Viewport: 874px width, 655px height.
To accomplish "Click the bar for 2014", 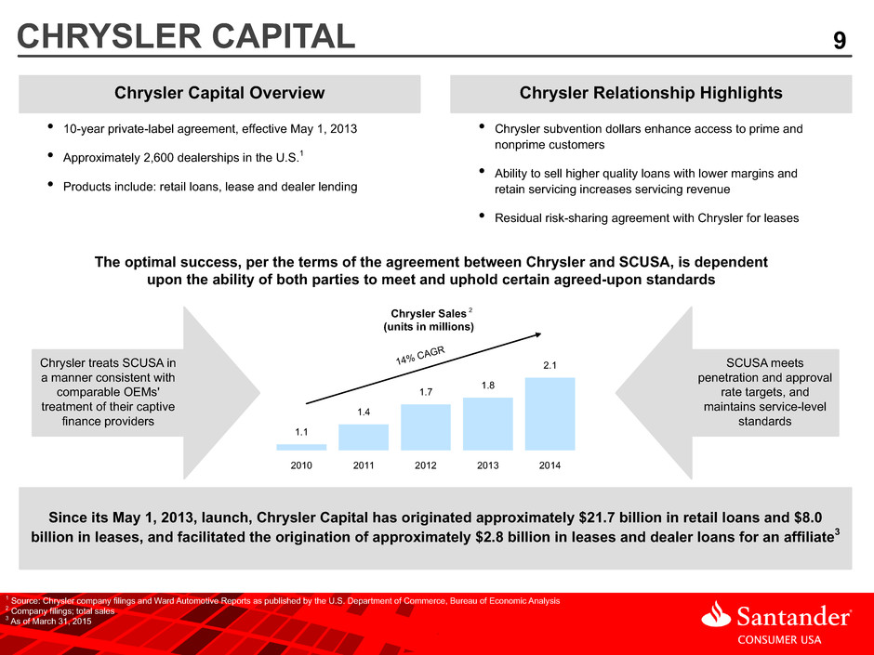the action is coord(550,413).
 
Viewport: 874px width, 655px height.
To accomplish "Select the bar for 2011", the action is coord(364,438).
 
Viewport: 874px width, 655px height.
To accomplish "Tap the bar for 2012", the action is coord(426,427).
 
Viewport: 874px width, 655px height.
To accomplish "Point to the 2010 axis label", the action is coord(301,465).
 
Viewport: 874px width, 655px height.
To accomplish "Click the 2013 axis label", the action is coord(488,465).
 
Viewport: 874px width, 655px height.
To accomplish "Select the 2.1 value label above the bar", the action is coord(550,365).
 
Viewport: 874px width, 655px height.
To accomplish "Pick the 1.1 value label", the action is coord(301,432).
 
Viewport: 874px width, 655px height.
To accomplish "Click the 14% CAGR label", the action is coord(420,355).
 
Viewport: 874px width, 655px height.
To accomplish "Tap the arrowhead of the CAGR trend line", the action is coord(538,334).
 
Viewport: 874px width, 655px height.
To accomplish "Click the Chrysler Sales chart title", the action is coord(429,320).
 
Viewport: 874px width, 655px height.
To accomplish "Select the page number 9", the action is coord(840,41).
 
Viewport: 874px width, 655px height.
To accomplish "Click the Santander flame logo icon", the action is coord(716,614).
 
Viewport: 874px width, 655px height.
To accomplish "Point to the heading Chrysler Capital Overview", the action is coord(219,93).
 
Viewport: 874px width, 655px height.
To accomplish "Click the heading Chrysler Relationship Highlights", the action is coord(651,93).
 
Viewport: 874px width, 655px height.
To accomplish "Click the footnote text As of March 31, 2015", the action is coord(51,621).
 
